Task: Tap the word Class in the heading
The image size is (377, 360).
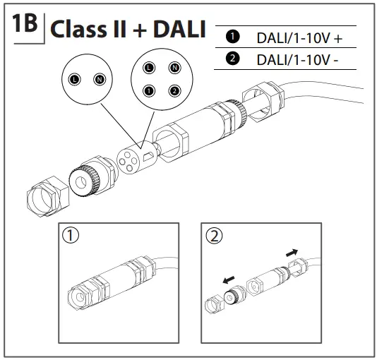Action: pyautogui.click(x=76, y=30)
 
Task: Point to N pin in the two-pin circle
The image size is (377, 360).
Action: pyautogui.click(x=100, y=81)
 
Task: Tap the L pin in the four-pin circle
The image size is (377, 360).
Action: pyautogui.click(x=148, y=68)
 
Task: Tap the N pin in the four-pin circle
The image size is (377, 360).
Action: pyautogui.click(x=173, y=68)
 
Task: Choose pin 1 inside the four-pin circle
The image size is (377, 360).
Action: pyautogui.click(x=148, y=91)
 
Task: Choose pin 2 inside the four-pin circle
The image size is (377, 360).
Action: pyautogui.click(x=173, y=91)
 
